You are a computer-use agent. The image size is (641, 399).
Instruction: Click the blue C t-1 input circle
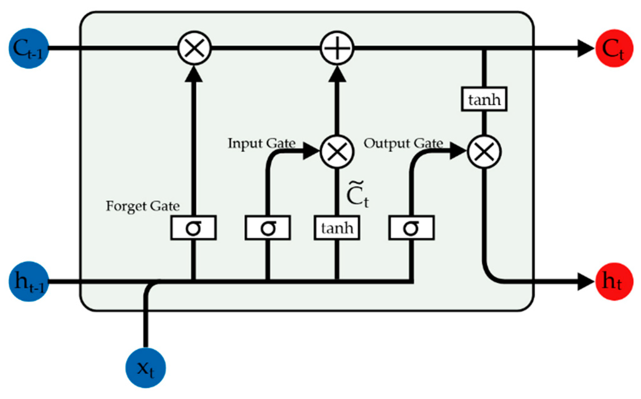click(29, 48)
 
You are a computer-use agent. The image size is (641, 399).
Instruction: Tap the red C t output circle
click(614, 48)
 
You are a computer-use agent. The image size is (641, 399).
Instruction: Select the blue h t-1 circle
click(29, 281)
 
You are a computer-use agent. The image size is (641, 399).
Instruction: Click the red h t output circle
click(614, 281)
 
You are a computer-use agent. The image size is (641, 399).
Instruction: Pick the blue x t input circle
click(146, 368)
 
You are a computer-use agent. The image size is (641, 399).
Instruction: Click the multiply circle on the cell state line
click(194, 48)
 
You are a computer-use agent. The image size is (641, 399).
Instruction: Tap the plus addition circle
click(337, 48)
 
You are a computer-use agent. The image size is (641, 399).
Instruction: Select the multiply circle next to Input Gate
click(337, 152)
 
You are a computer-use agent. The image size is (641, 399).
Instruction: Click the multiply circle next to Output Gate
click(484, 152)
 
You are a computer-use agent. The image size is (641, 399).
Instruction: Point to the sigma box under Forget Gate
click(193, 228)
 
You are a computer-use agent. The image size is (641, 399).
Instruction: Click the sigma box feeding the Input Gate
click(268, 228)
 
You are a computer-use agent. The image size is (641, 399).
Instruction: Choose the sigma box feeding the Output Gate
click(411, 228)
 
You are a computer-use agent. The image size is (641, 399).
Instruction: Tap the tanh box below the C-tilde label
click(337, 228)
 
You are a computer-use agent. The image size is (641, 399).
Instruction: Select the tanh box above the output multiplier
click(484, 99)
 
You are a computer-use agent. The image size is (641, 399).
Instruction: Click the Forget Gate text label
click(143, 206)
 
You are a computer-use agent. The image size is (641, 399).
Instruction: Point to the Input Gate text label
click(262, 143)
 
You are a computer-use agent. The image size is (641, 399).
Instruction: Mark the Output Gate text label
click(403, 143)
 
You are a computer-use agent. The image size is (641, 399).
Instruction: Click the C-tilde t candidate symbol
click(357, 195)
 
